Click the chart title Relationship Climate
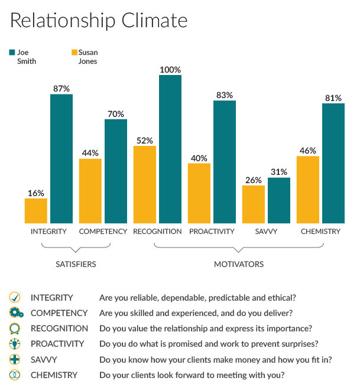(99, 21)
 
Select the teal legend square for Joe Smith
(12, 52)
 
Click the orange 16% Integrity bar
(35, 210)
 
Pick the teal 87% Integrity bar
(61, 158)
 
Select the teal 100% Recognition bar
(170, 149)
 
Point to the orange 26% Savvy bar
(254, 204)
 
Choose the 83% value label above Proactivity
(224, 95)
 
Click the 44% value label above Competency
(90, 153)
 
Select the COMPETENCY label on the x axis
(103, 232)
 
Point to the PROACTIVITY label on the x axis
(212, 232)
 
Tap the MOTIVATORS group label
(238, 264)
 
